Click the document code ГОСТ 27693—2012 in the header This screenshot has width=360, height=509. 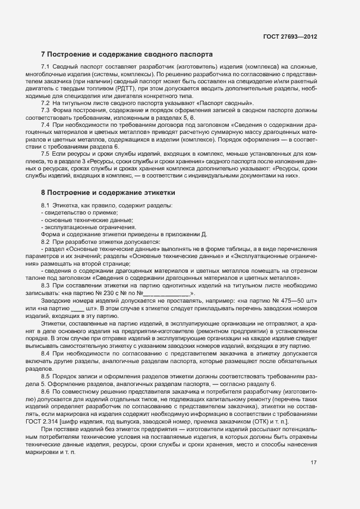tap(290, 36)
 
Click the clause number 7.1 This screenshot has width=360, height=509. tap(46, 67)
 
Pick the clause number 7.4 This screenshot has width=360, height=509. tap(46, 124)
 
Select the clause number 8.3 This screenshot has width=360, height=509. tap(46, 285)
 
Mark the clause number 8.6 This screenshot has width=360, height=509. tap(46, 391)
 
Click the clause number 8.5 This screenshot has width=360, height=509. tap(46, 377)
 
